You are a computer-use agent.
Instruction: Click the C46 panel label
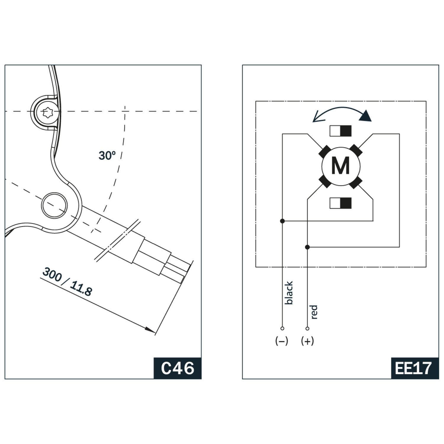point(178,368)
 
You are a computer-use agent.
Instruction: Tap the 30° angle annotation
point(107,156)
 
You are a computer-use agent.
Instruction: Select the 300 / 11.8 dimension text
point(67,282)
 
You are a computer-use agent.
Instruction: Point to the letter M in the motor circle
point(340,166)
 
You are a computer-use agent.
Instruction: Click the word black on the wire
point(289,293)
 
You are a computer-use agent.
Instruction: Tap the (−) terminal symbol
point(281,341)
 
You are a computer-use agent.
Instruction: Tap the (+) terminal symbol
point(307,341)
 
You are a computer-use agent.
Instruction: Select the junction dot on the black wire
point(282,221)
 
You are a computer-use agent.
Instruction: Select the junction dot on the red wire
point(307,247)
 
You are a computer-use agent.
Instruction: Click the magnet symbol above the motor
point(340,131)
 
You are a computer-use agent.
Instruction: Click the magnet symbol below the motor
point(340,203)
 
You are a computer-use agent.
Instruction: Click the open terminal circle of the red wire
point(307,328)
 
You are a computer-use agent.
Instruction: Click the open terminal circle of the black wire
point(282,328)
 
